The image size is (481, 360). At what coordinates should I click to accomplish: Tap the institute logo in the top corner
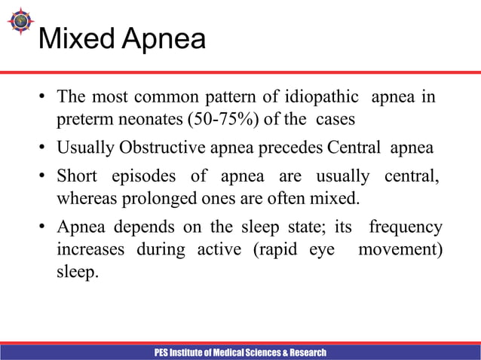(x=20, y=21)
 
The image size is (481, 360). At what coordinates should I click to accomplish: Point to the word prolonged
(x=145, y=200)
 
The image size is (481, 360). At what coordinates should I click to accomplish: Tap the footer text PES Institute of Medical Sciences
(x=240, y=352)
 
